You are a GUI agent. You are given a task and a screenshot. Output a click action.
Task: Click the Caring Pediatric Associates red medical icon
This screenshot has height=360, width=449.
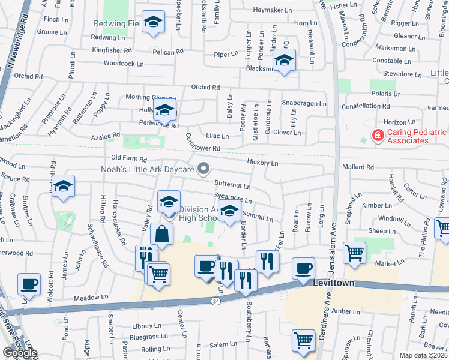point(378,136)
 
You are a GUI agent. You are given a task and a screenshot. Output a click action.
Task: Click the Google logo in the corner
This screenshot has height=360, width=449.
point(19,352)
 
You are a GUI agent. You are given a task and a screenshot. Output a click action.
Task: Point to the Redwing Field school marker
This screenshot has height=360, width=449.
point(153,23)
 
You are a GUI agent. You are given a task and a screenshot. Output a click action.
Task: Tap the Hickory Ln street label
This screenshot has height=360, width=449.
point(262,163)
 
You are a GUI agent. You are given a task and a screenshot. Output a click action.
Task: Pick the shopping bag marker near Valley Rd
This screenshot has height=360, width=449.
point(161,234)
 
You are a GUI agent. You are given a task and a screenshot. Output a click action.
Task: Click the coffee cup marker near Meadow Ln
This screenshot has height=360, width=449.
point(29,284)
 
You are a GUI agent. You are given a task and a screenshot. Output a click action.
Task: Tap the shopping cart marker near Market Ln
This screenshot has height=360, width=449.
point(354,252)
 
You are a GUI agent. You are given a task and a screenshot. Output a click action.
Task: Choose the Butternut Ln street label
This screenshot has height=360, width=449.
point(232,185)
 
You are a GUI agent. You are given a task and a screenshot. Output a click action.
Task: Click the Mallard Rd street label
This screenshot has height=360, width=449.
point(357,167)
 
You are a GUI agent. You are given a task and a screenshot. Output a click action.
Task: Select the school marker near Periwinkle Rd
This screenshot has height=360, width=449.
point(163,110)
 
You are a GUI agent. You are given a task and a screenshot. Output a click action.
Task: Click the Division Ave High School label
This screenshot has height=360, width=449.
point(192,213)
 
